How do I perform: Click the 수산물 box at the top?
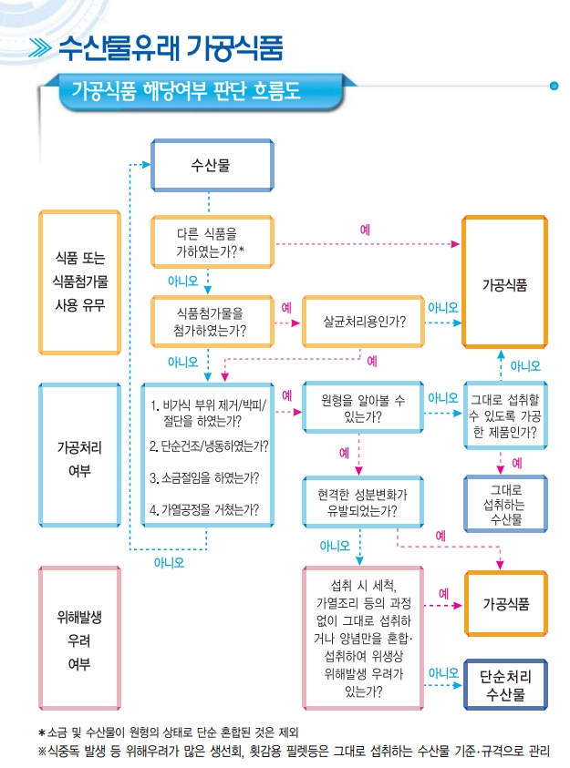click(x=211, y=166)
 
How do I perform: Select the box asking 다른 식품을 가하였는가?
click(x=211, y=242)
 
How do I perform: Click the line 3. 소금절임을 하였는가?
click(x=204, y=477)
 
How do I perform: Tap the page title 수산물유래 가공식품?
click(x=170, y=46)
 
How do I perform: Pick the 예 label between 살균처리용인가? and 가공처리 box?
click(x=371, y=361)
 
